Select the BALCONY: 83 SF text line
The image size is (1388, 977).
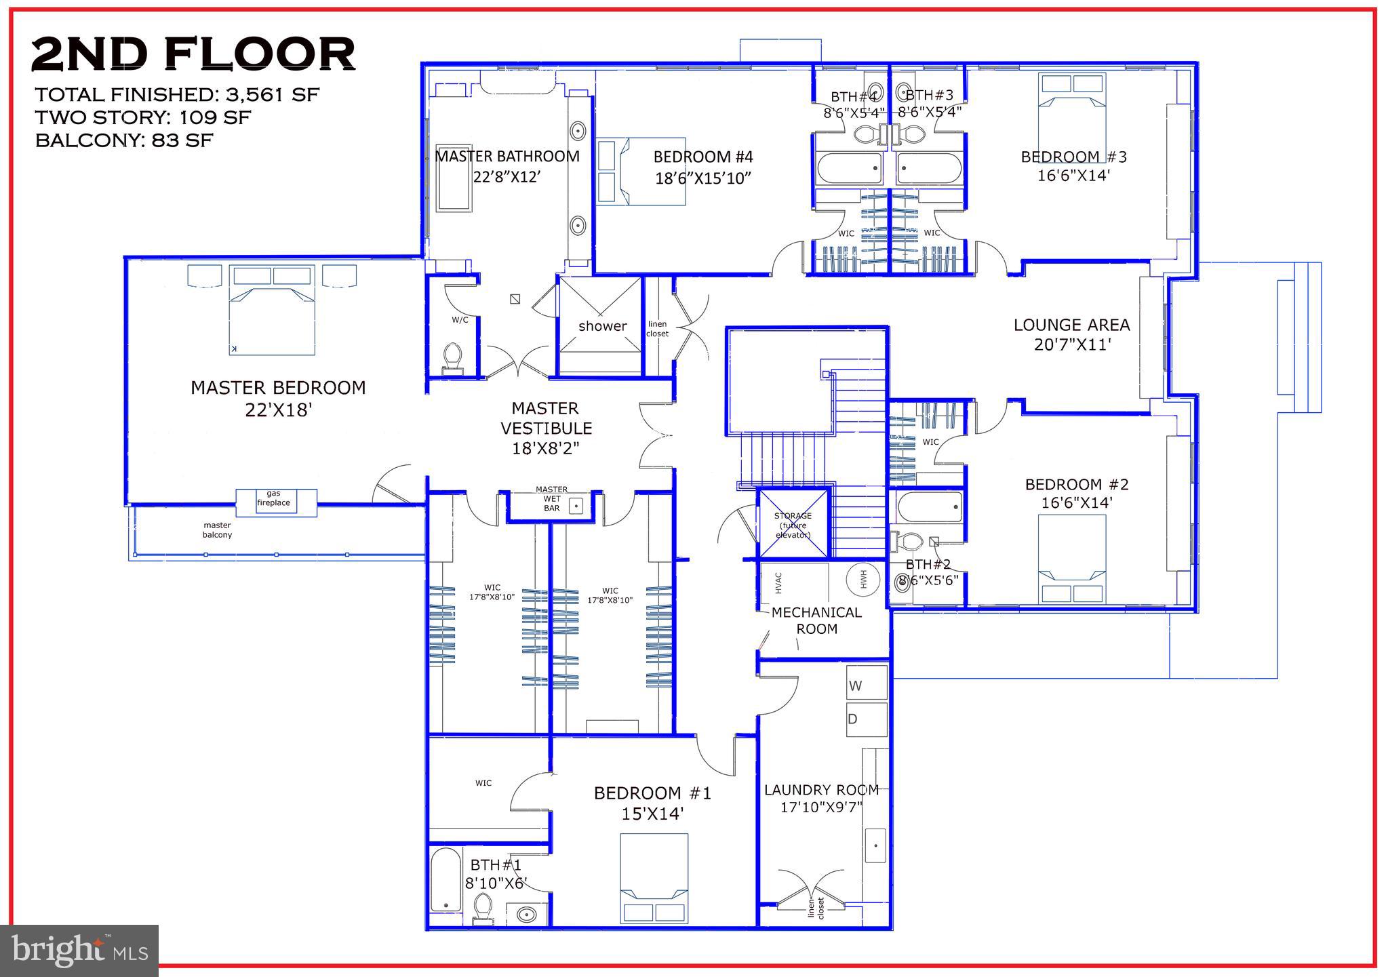click(x=124, y=141)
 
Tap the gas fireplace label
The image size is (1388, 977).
click(x=273, y=498)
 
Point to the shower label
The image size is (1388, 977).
click(x=602, y=326)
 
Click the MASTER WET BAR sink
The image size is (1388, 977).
click(x=576, y=505)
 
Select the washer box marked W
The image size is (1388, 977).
click(x=867, y=683)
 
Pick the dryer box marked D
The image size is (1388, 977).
click(x=867, y=719)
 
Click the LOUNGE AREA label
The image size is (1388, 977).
click(x=1071, y=325)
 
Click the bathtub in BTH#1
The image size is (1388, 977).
click(x=445, y=879)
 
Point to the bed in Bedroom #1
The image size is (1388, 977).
click(x=654, y=877)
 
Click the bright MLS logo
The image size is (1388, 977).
click(x=79, y=951)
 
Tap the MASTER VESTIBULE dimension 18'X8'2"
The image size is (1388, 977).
click(x=546, y=448)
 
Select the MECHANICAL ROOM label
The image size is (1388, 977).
click(x=816, y=620)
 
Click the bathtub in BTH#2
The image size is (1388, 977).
click(x=929, y=507)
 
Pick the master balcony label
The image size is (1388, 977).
click(x=217, y=530)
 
